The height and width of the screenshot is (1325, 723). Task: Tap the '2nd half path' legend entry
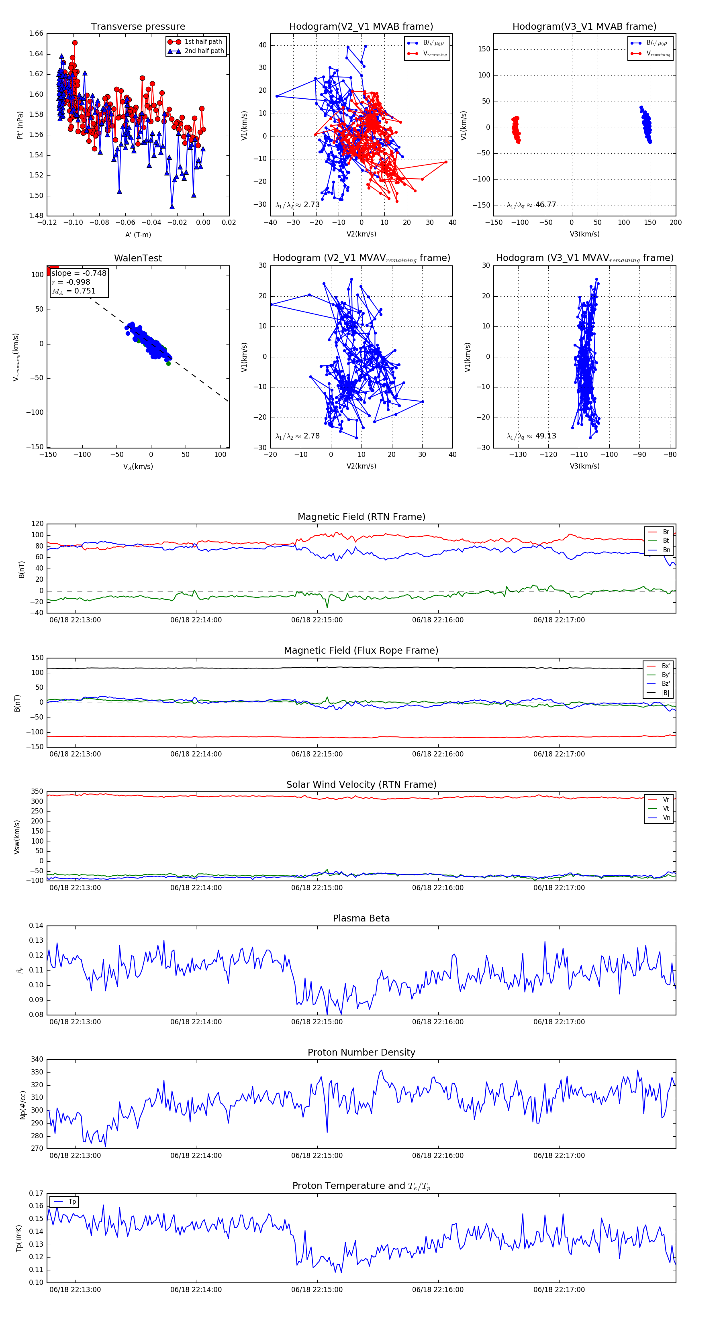point(204,51)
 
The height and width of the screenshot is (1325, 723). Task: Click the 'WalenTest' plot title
point(138,258)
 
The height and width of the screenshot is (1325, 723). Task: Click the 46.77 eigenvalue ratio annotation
point(545,205)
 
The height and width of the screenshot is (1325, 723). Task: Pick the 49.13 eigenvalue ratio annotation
point(545,436)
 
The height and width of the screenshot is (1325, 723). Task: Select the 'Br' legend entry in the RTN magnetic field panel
point(666,532)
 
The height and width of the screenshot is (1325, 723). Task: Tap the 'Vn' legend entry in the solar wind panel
point(666,818)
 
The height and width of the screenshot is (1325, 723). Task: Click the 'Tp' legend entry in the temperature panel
point(72,1202)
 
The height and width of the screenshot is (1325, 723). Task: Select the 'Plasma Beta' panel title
point(361,918)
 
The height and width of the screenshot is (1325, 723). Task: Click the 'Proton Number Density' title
point(361,1052)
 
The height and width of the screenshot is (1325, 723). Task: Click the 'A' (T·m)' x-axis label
point(138,235)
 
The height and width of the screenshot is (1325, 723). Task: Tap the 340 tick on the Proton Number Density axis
point(37,1060)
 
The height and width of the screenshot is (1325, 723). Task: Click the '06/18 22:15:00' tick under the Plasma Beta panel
point(317,1022)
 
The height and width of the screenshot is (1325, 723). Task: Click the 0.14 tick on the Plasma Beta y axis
point(36,926)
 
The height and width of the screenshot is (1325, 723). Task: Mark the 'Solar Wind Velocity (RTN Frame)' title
point(361,785)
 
